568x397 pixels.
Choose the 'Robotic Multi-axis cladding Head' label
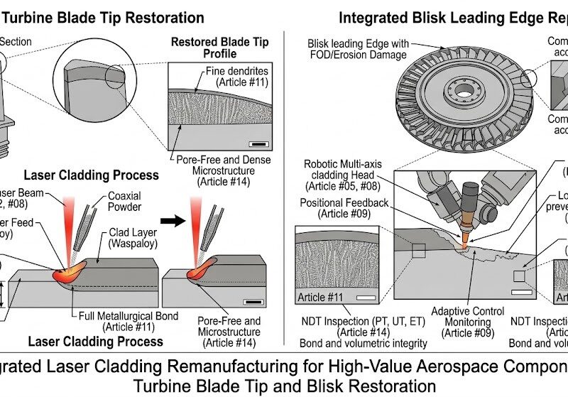[x=344, y=175]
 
